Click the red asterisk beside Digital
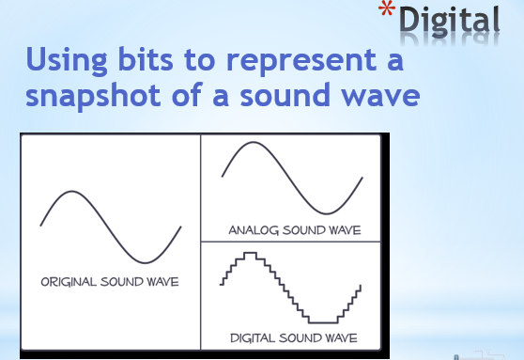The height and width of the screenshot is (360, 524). click(x=387, y=14)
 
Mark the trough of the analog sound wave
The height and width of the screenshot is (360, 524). click(x=328, y=211)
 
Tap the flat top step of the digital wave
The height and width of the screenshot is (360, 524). click(x=250, y=253)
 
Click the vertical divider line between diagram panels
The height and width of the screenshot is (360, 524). click(x=201, y=244)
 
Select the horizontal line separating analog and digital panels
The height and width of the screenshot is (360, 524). click(x=291, y=242)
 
